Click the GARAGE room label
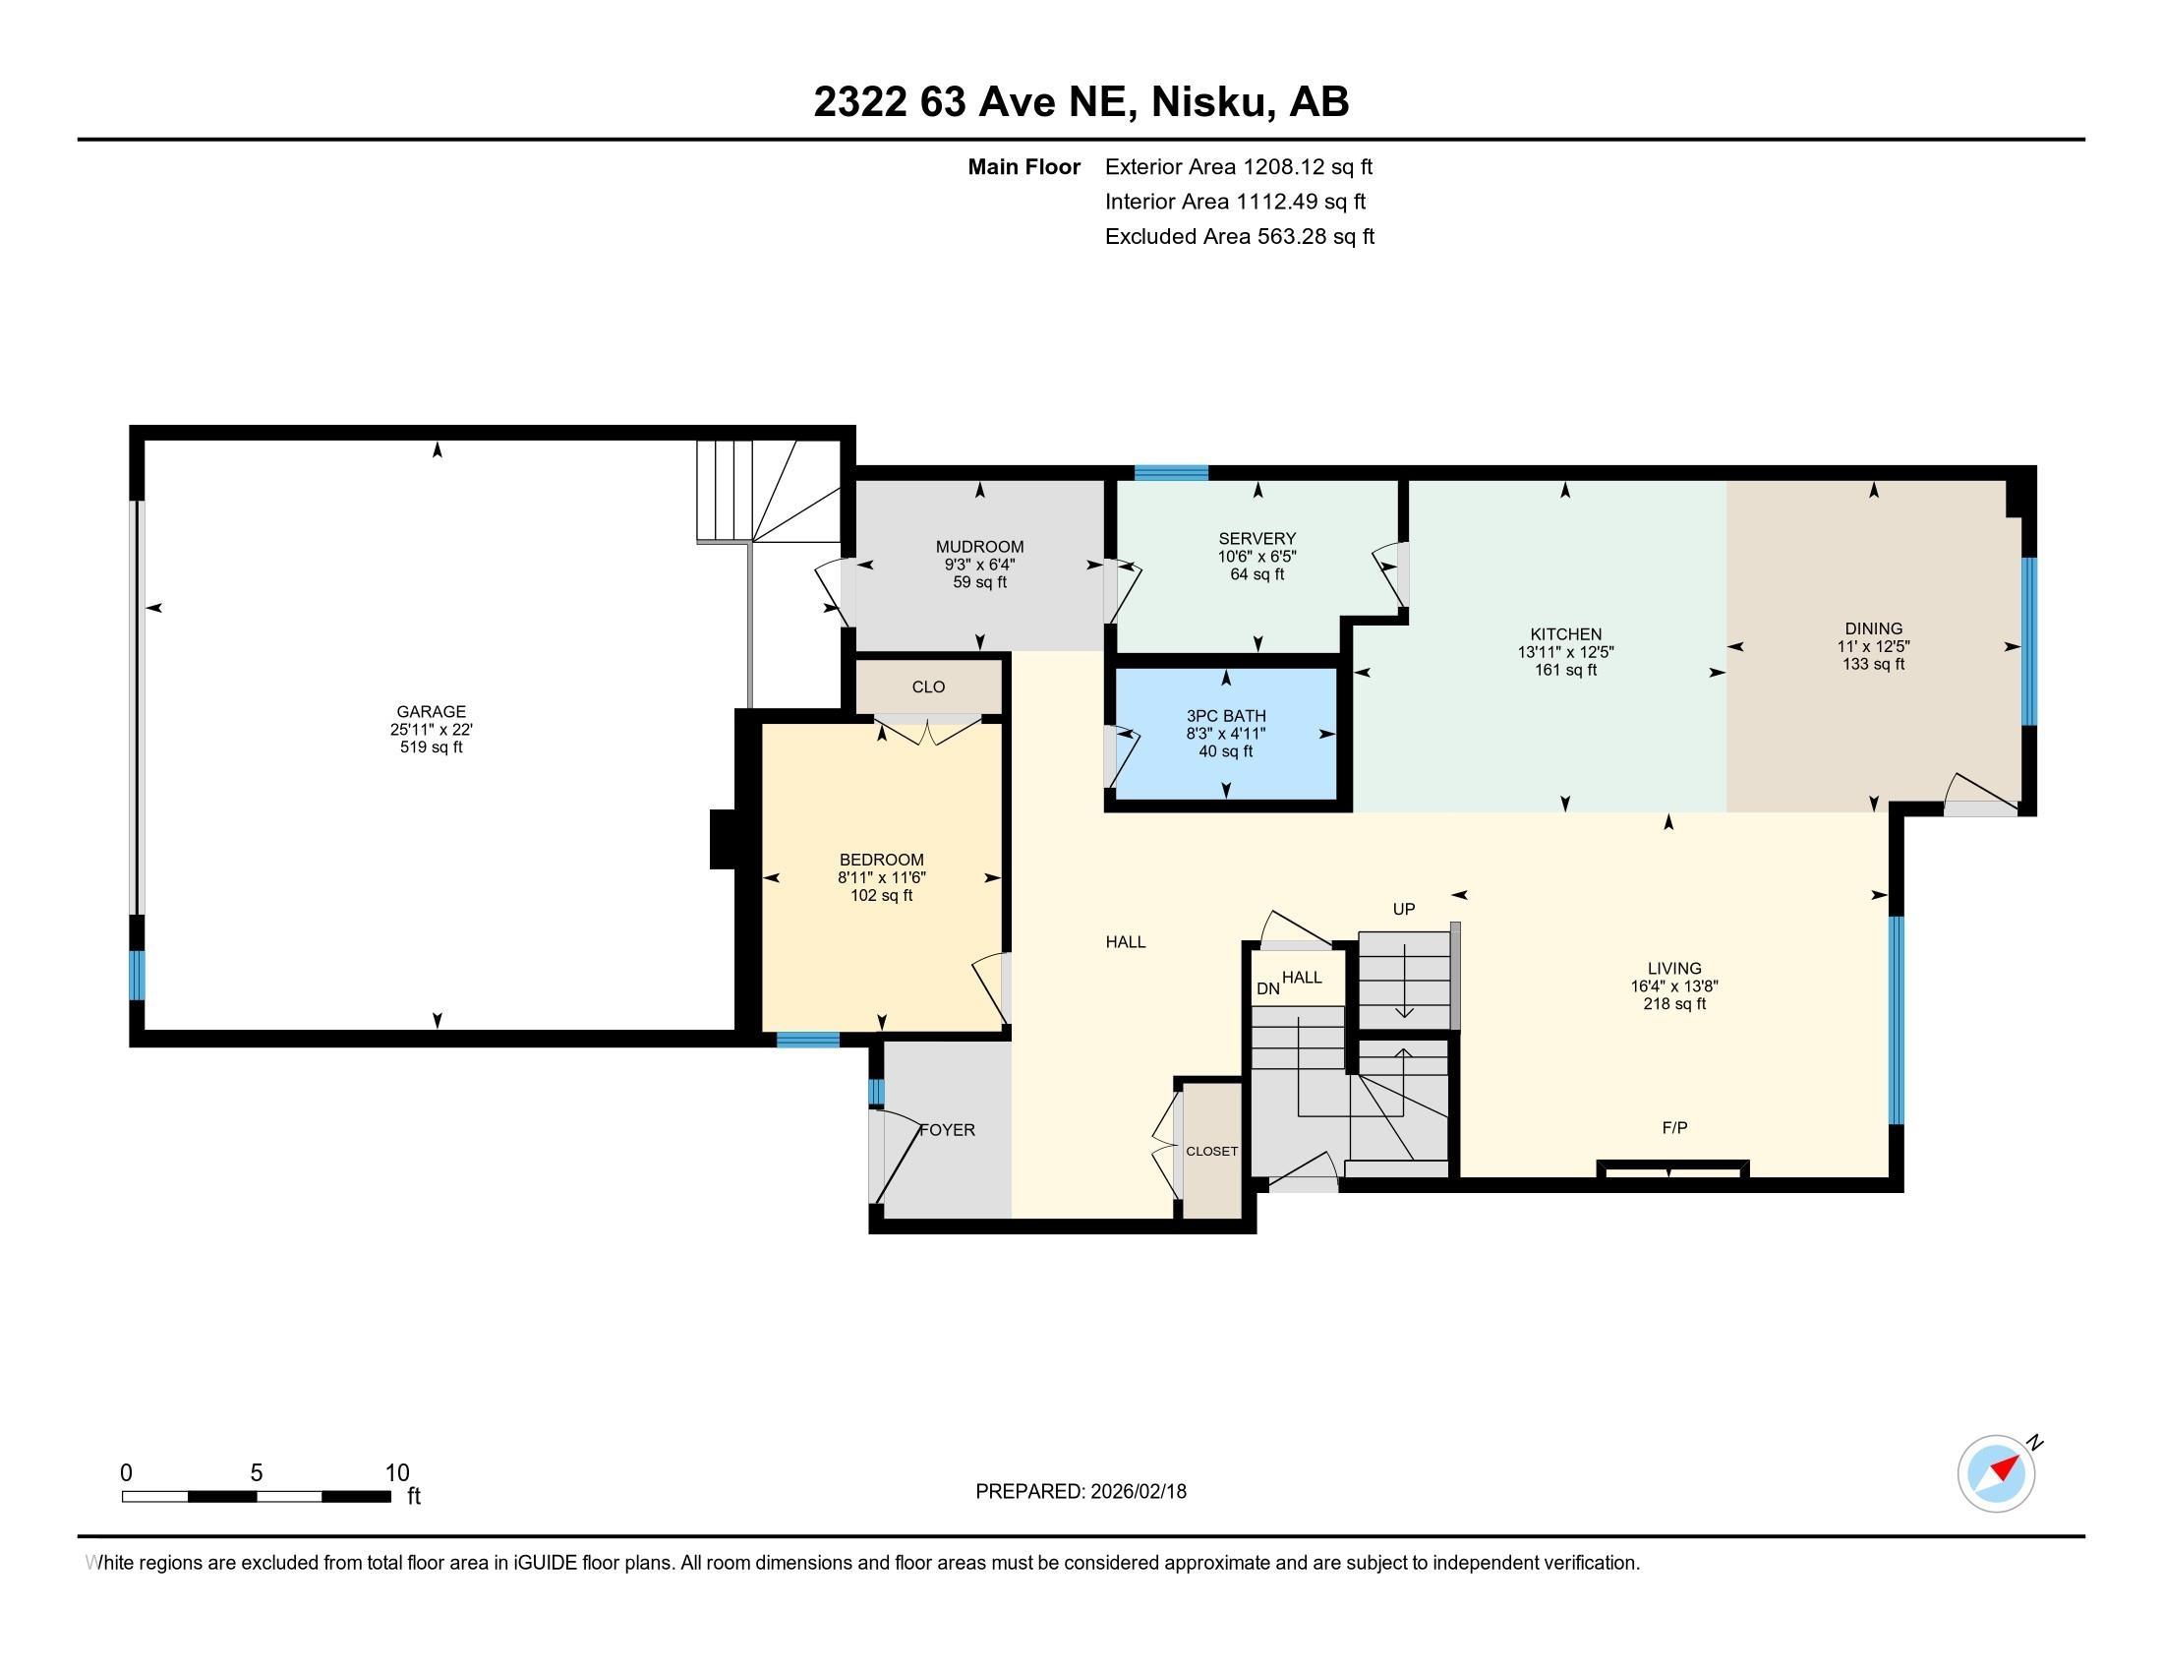click(x=431, y=711)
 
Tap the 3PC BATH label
click(x=1226, y=716)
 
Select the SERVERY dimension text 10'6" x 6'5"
click(x=1257, y=557)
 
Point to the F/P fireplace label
click(x=1673, y=1127)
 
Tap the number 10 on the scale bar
click(x=396, y=1473)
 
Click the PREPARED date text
click(x=1081, y=1492)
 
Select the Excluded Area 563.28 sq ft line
click(x=1239, y=237)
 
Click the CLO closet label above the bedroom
click(x=928, y=687)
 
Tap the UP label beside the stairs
click(x=1403, y=910)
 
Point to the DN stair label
click(x=1266, y=988)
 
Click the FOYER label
click(x=948, y=1130)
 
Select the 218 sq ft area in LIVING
click(x=1673, y=1004)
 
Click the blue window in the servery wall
click(x=1171, y=472)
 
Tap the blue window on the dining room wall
click(x=2028, y=641)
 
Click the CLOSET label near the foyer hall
click(x=1211, y=1151)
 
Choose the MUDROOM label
click(x=979, y=547)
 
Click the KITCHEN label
click(x=1565, y=635)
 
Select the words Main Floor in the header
click(x=1023, y=167)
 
